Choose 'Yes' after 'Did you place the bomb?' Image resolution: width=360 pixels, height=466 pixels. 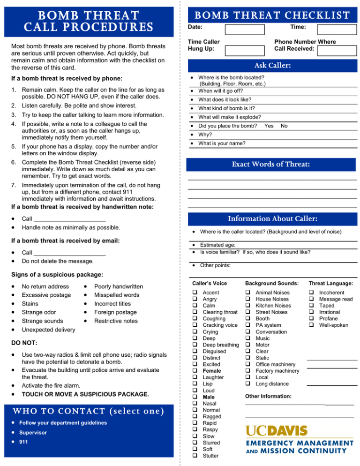269,126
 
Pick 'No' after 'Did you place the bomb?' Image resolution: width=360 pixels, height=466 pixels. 284,126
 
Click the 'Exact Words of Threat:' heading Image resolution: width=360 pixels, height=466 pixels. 272,165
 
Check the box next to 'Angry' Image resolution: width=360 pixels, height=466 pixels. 195,299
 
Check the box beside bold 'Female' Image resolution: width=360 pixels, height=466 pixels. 195,371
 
